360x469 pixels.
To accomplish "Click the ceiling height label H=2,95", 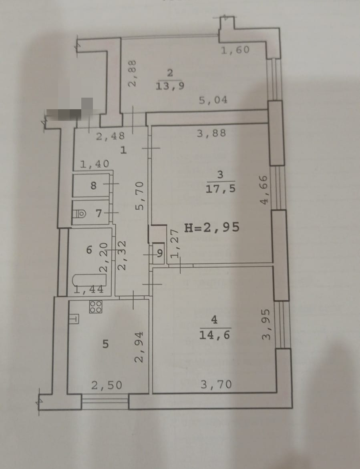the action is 212,227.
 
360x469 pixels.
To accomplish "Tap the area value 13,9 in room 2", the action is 170,86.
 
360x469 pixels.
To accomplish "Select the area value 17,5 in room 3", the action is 220,188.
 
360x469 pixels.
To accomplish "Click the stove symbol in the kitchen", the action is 96,307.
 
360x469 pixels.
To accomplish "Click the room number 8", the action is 93,186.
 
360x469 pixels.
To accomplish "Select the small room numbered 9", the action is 160,253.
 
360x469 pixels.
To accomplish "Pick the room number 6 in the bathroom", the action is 89,250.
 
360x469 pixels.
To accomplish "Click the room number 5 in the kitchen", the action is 105,344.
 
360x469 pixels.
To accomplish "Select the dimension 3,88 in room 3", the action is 211,133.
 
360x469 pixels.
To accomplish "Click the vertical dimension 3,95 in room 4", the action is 266,325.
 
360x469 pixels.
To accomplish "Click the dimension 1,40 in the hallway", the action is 94,164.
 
